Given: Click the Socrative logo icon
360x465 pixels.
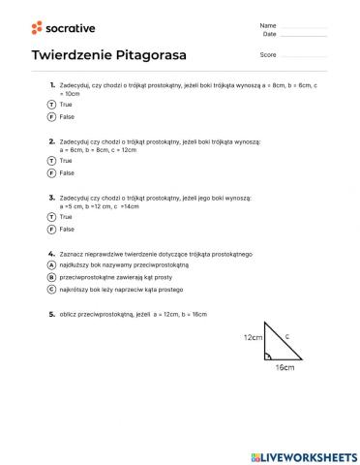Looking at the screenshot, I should pos(37,27).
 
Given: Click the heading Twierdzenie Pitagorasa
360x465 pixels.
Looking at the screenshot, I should pos(108,55).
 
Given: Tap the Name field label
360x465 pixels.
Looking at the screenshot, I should pos(268,24).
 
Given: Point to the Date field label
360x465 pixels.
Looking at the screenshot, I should pos(269,34).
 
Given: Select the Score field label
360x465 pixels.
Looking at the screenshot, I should pos(268,55).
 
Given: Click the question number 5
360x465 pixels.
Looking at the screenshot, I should pos(51,314).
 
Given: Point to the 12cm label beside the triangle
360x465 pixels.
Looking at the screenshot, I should pos(253,337).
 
